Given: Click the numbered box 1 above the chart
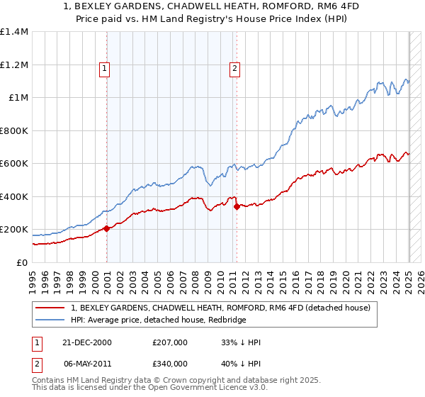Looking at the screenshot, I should (x=104, y=69).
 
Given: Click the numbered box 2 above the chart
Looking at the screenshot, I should (x=234, y=69).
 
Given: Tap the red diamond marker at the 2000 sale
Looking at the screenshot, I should (x=107, y=228).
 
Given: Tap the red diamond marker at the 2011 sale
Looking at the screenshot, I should (x=237, y=206).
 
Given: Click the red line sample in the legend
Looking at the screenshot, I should (x=50, y=308).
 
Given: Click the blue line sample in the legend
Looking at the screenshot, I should (x=50, y=320).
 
